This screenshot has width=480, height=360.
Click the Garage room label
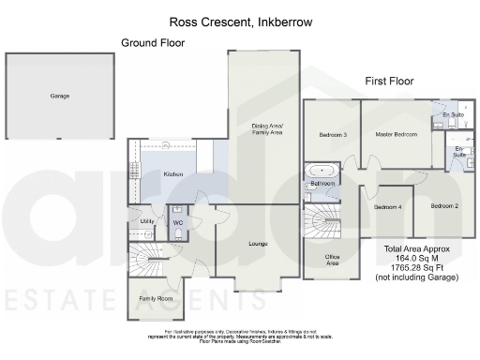(59, 96)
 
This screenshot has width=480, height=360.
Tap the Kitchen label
(173, 174)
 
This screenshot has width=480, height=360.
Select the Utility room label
(145, 221)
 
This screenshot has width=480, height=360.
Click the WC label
(176, 222)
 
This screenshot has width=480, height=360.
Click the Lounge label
(258, 244)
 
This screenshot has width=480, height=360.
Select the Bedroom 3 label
(333, 135)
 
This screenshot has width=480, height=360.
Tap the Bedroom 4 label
(387, 206)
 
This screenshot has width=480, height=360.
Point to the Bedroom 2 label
(444, 205)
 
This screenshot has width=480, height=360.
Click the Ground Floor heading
(153, 42)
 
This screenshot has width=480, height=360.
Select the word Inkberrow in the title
(281, 18)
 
